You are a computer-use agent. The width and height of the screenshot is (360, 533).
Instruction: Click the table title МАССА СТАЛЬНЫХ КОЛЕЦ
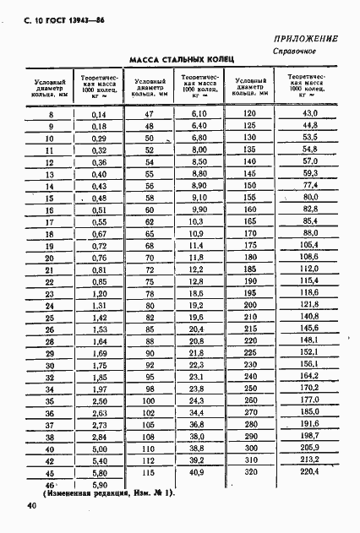pos(180,59)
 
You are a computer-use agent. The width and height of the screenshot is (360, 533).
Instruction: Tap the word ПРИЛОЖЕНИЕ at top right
pos(306,39)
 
